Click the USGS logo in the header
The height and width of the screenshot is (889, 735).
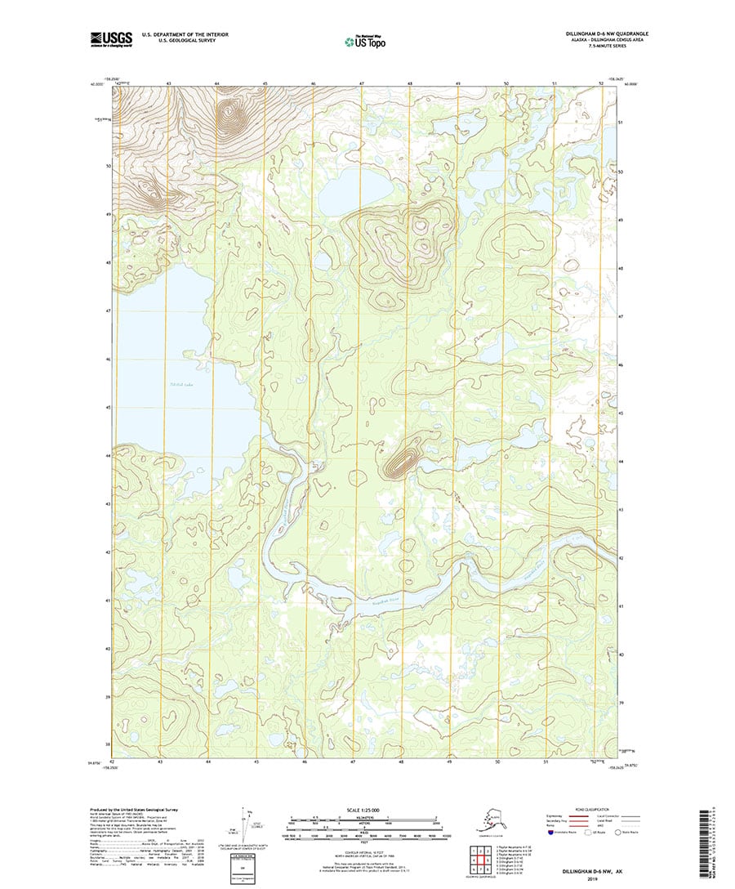pyautogui.click(x=111, y=38)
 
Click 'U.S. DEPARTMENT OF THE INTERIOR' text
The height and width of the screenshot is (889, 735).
pyautogui.click(x=185, y=34)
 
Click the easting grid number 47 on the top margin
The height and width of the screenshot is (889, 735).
pyautogui.click(x=361, y=84)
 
